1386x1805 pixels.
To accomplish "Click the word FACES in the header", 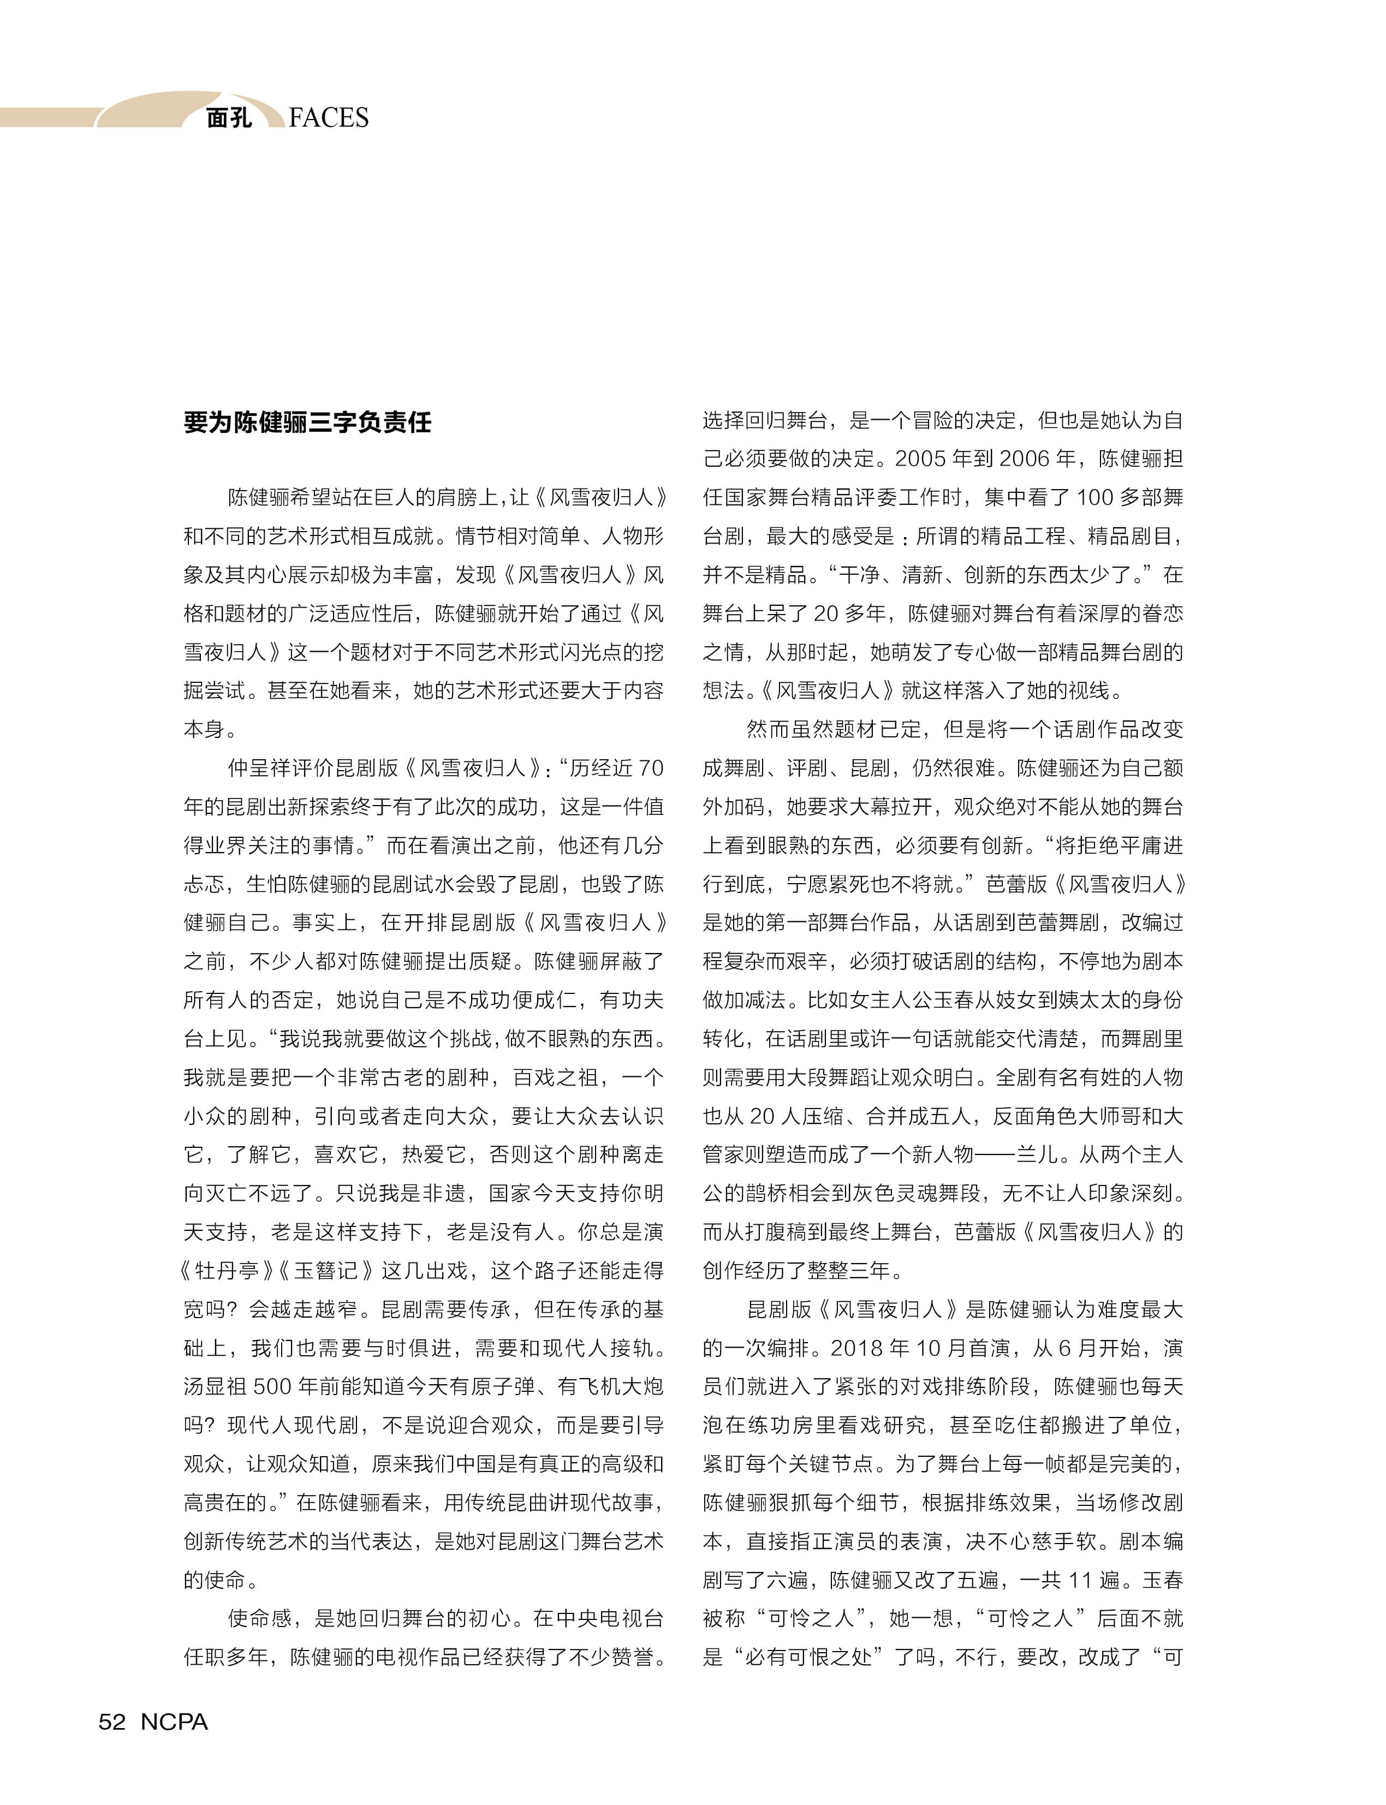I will click(329, 118).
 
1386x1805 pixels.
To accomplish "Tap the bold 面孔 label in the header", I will click(229, 118).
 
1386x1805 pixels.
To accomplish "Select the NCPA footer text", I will click(174, 1721).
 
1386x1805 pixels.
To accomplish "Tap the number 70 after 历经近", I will click(650, 768).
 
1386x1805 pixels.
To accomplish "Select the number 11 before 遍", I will click(1081, 1580).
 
